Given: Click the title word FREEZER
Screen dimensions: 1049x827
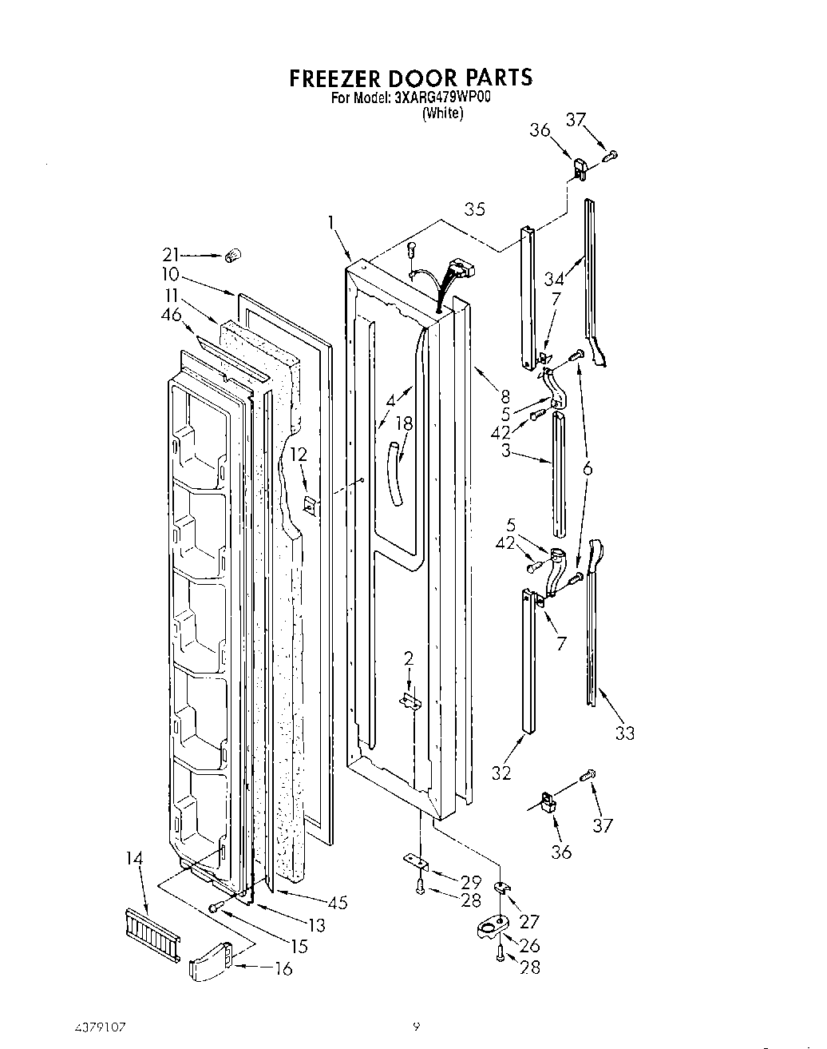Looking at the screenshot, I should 337,77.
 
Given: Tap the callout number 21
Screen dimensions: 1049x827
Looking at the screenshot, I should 171,254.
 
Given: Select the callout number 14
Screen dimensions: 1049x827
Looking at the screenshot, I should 136,859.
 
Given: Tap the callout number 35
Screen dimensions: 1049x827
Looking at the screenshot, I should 475,209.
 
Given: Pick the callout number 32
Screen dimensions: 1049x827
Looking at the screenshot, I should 501,772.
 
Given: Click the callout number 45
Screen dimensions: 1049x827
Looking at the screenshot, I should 338,903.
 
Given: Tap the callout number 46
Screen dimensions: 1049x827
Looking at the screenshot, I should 171,315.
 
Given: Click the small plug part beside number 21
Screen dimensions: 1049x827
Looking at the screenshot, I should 233,255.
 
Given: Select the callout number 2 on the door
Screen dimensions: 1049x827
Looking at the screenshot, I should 408,658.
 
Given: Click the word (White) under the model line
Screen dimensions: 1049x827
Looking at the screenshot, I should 442,113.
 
